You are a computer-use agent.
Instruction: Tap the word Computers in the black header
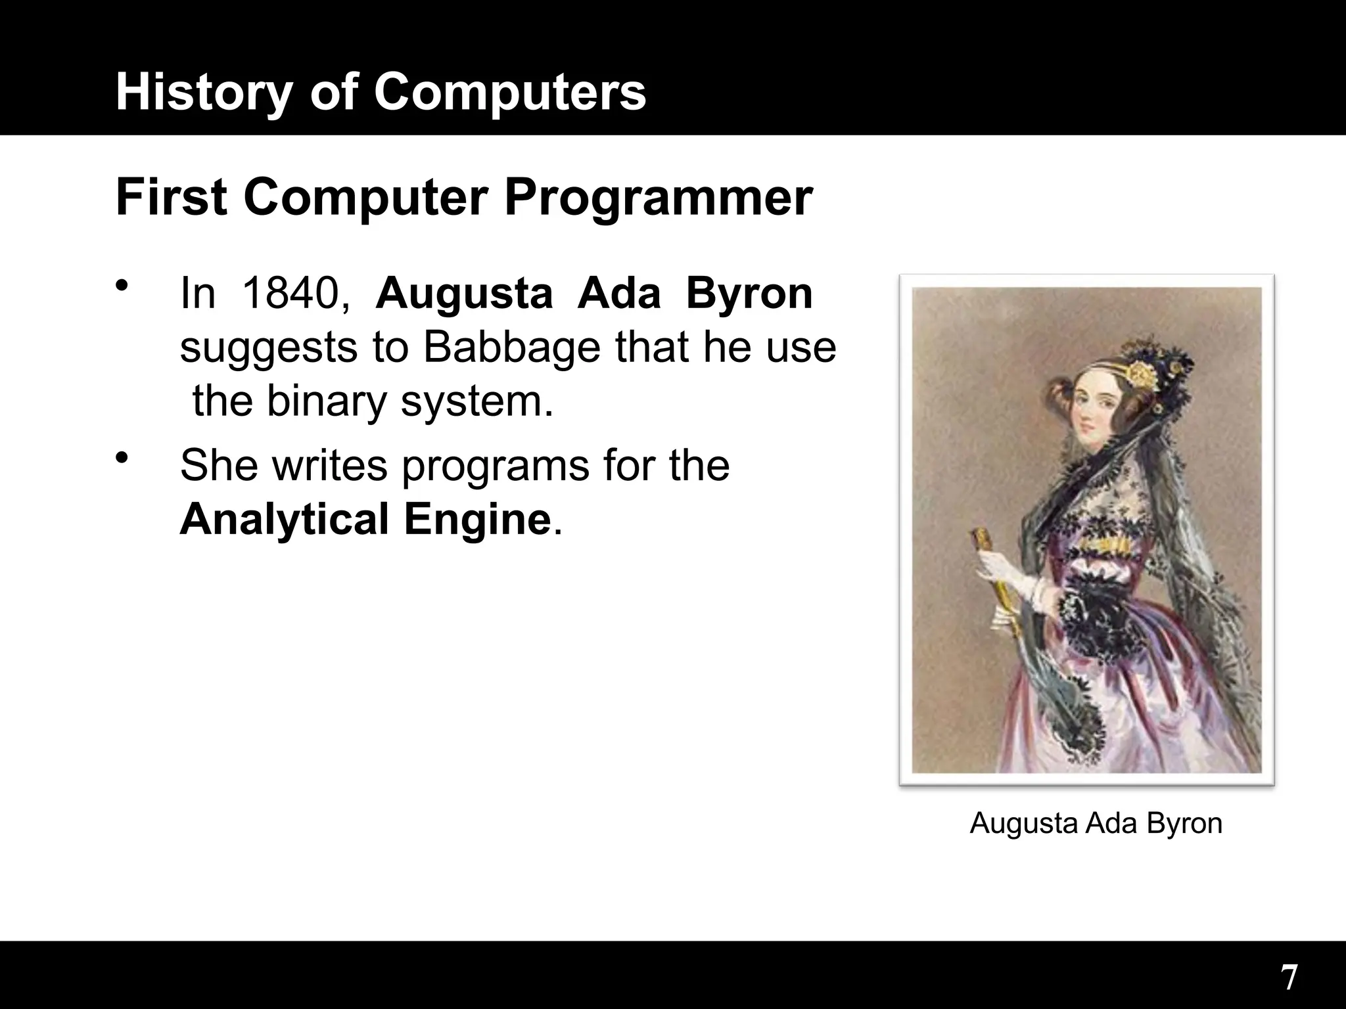[510, 91]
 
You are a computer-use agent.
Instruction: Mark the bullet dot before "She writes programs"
[120, 457]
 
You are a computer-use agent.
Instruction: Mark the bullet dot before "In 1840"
[120, 285]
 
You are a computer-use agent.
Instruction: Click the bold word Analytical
[284, 519]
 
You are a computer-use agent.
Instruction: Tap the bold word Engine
[477, 519]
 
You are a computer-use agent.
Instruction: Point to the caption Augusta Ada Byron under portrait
[1096, 823]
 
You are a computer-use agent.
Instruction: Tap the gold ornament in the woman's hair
[1144, 375]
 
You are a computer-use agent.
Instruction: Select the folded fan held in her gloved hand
[999, 578]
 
